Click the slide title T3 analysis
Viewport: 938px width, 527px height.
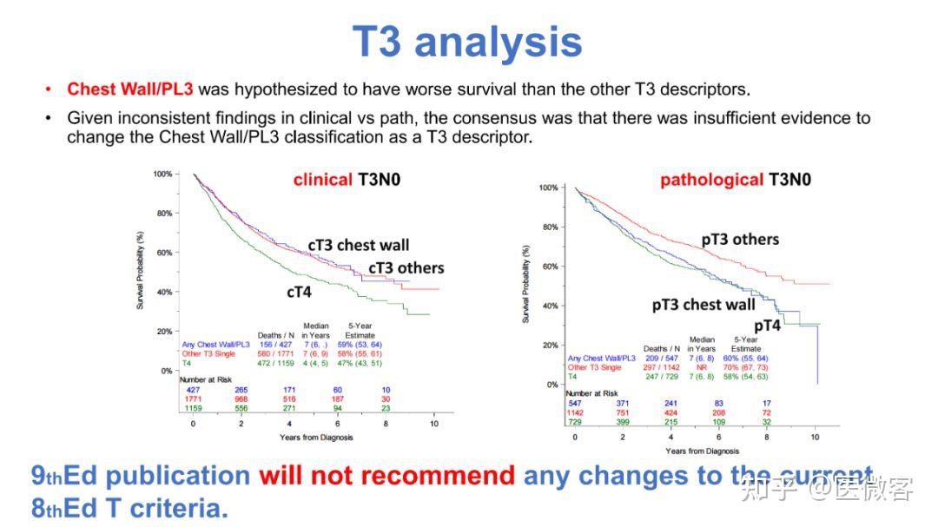[x=467, y=41]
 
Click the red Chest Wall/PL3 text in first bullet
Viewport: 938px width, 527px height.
[x=130, y=89]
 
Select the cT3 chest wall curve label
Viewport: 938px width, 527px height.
[x=358, y=246]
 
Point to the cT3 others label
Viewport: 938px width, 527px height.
[x=406, y=268]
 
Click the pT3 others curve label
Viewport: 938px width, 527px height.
[x=740, y=240]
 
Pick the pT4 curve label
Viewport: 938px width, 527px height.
[x=767, y=325]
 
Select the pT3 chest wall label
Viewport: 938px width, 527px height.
[x=703, y=305]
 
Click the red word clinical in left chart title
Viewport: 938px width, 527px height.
[x=322, y=181]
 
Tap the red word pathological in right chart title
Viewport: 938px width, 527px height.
[x=711, y=181]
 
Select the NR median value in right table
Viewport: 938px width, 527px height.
[x=702, y=366]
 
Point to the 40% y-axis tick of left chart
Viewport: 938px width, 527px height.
[x=162, y=293]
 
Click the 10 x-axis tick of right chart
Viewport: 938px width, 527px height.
[x=816, y=437]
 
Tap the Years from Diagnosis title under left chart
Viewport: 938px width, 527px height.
[x=316, y=438]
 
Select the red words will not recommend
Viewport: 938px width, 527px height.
[x=386, y=476]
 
